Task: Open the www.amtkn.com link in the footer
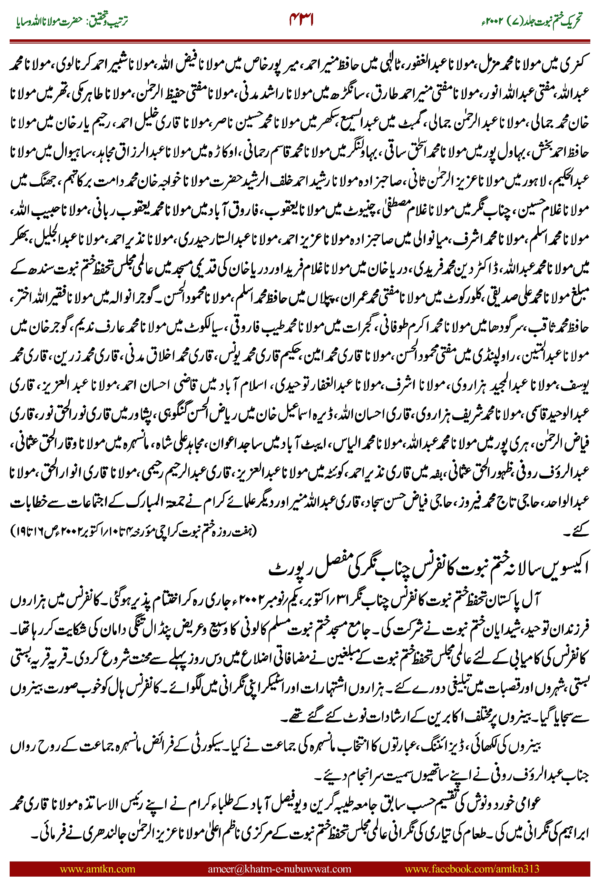97,869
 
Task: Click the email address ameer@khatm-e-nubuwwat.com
279,869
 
